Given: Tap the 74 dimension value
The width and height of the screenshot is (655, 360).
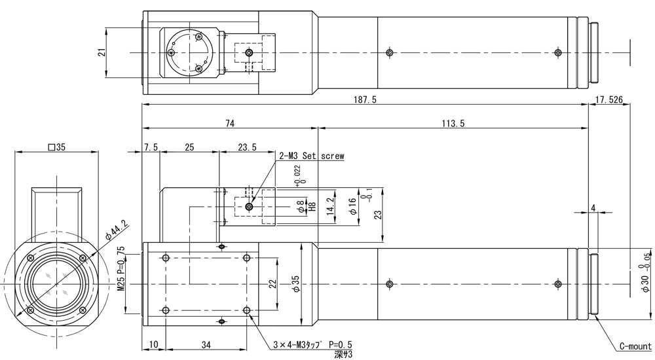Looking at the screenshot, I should point(229,123).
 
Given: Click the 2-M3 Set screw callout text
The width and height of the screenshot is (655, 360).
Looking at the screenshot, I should point(311,156).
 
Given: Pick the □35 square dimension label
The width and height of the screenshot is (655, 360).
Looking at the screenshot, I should point(56,147).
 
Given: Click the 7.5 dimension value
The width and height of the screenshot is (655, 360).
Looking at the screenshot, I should point(151,147).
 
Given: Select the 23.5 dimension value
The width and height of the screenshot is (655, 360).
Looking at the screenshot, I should point(246,147).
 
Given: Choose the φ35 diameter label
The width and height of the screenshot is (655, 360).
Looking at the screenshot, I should point(295,283).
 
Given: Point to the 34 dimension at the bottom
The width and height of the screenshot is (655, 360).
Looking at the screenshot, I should point(206,345).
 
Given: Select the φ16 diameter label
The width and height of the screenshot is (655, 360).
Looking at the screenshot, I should point(352,207).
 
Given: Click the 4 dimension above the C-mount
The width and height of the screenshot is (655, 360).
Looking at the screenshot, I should point(593,207).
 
